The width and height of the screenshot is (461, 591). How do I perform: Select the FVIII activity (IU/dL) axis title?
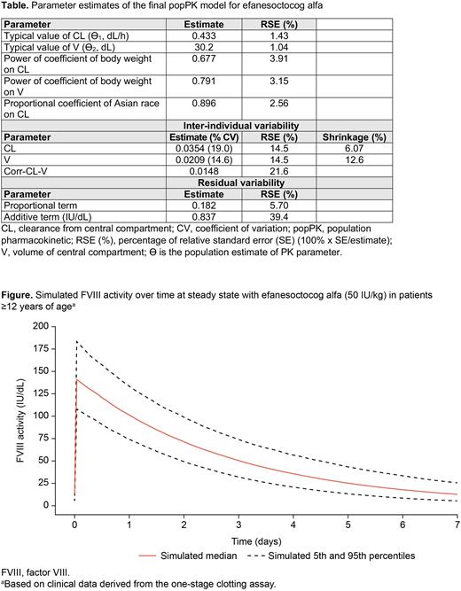click(x=12, y=416)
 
